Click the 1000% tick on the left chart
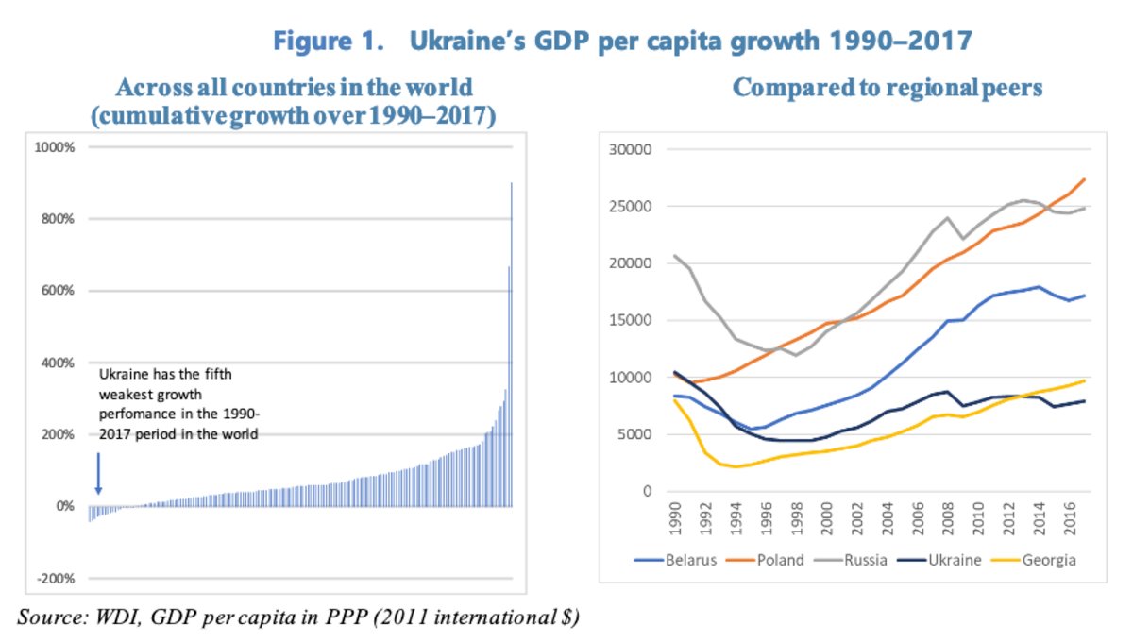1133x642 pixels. point(55,147)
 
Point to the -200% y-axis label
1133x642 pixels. point(56,579)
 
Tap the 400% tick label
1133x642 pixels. point(57,363)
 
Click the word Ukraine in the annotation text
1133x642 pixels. point(122,374)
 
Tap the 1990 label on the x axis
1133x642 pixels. point(673,517)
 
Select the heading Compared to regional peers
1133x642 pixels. point(888,89)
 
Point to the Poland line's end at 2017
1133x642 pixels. point(1084,179)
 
